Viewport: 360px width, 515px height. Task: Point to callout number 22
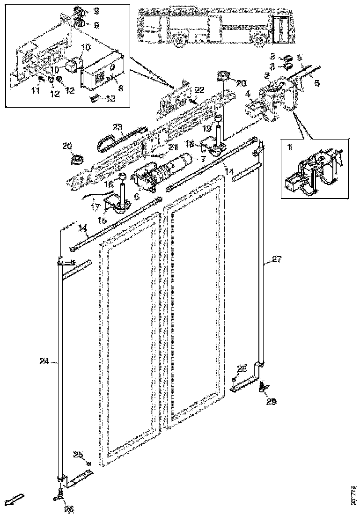click(200, 90)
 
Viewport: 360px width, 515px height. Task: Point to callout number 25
click(78, 455)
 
